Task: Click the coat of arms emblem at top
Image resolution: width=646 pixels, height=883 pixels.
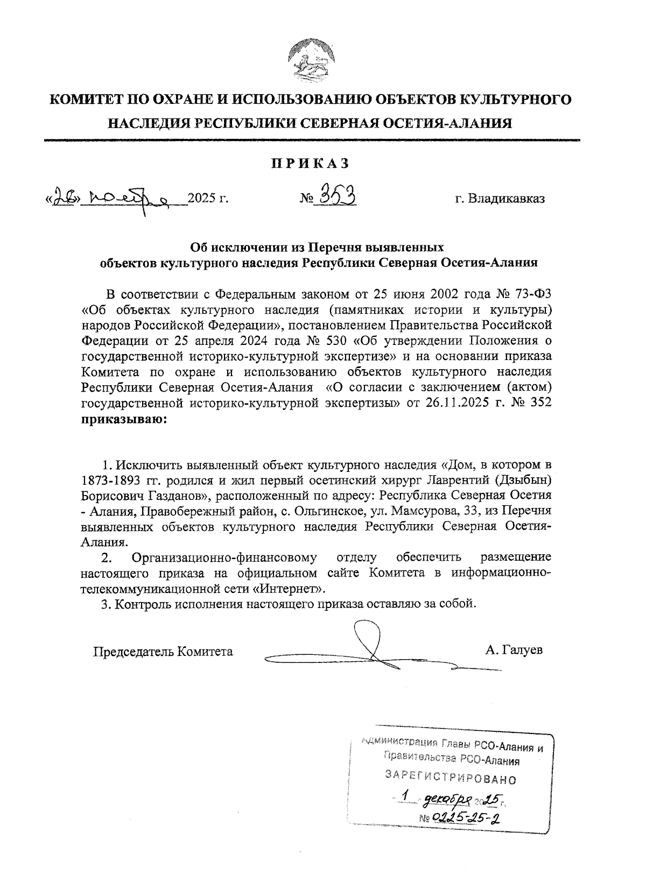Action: (312, 59)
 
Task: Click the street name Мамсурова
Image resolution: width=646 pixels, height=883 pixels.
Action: (422, 510)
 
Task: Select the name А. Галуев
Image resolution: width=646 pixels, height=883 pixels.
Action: (514, 651)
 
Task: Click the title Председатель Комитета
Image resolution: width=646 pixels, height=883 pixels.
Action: (163, 652)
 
